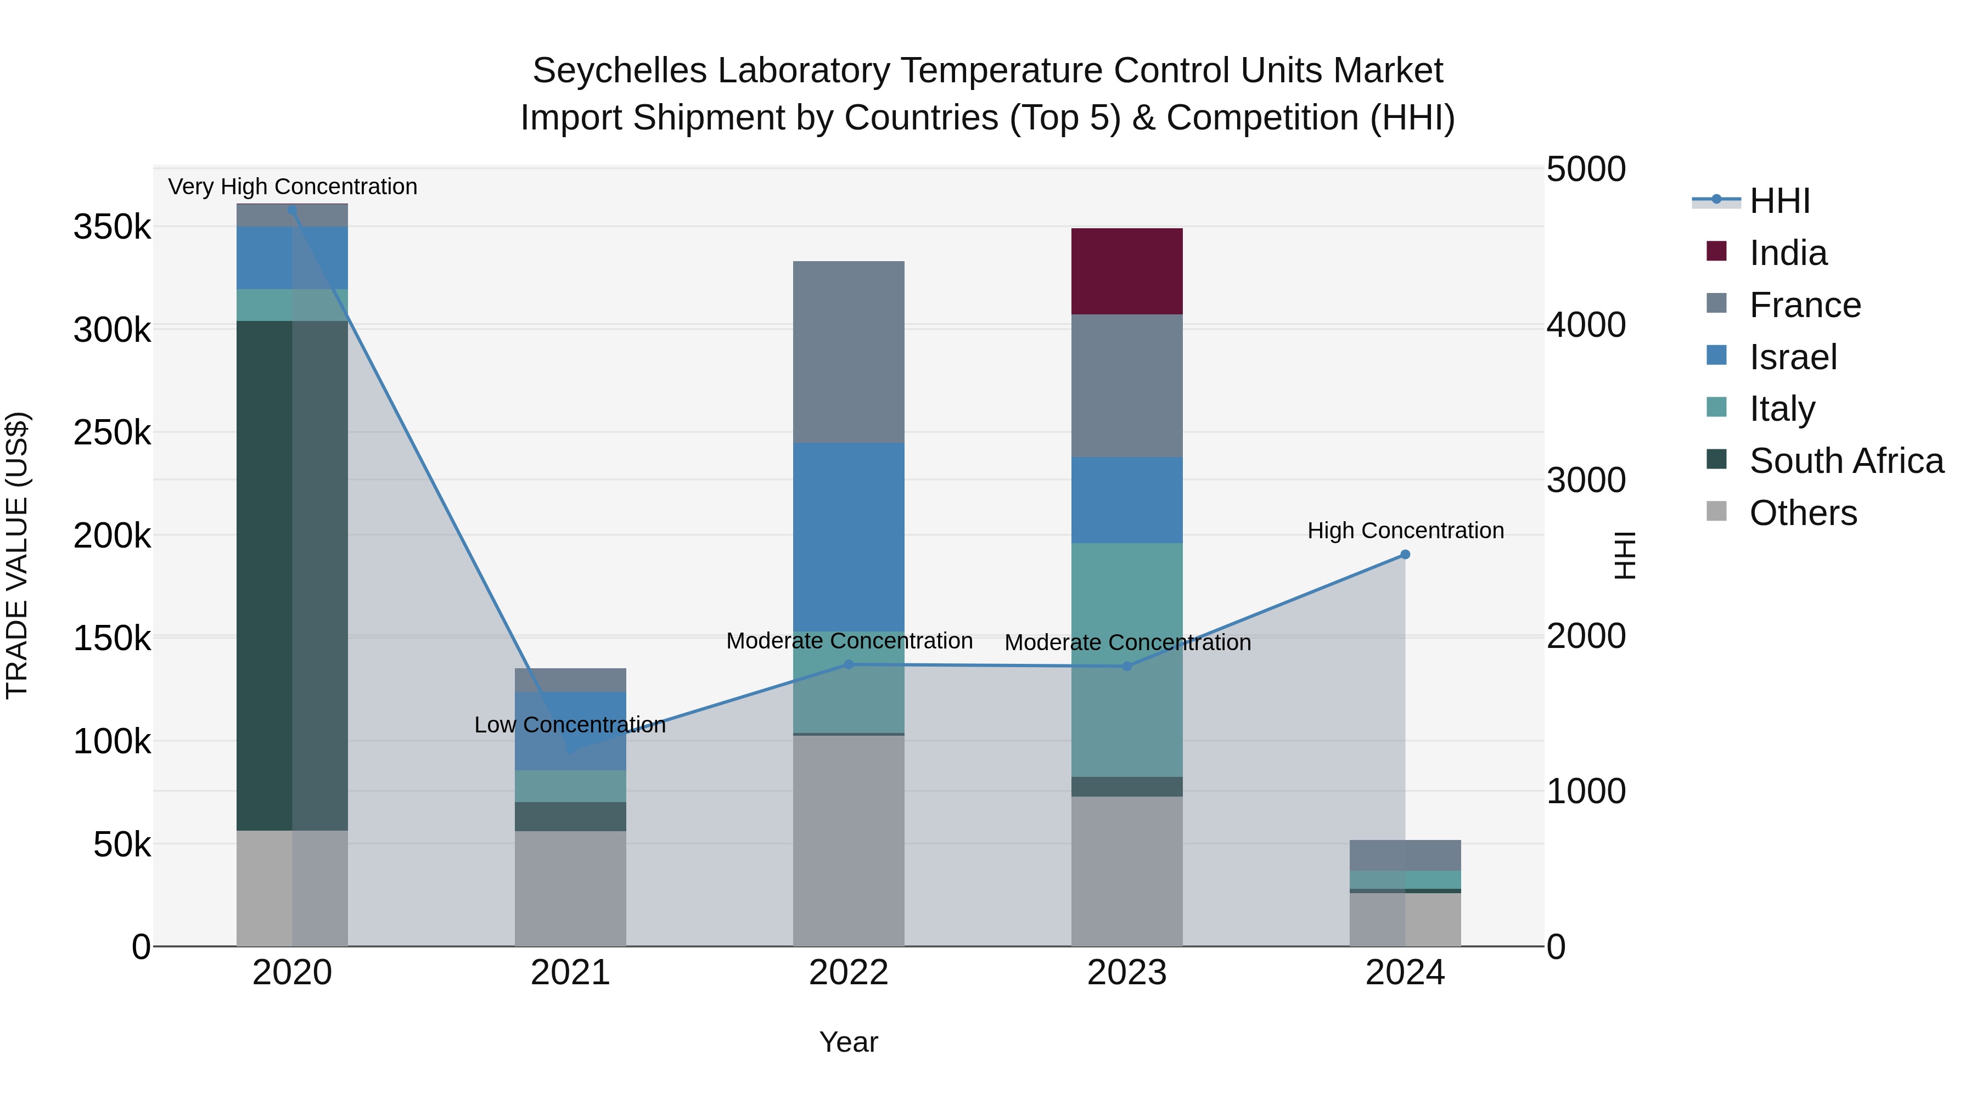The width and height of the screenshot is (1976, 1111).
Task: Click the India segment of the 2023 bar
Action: pyautogui.click(x=1126, y=272)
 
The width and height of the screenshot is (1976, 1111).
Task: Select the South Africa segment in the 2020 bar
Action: pyautogui.click(x=291, y=575)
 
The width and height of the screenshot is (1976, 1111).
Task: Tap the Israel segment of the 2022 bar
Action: pyautogui.click(x=849, y=537)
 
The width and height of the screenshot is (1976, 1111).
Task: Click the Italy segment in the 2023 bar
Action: pyautogui.click(x=1126, y=659)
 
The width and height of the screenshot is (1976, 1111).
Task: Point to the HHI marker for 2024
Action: pyautogui.click(x=1405, y=554)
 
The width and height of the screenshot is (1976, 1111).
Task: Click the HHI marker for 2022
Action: pyautogui.click(x=849, y=665)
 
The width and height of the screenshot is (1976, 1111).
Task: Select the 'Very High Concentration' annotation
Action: pyautogui.click(x=292, y=187)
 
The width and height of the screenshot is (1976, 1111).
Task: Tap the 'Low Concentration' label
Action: pyautogui.click(x=569, y=725)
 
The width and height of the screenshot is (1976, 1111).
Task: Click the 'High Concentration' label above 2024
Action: pyautogui.click(x=1405, y=531)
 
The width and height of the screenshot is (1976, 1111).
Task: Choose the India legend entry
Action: pyautogui.click(x=1787, y=253)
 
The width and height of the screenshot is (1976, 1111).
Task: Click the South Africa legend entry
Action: pyautogui.click(x=1845, y=461)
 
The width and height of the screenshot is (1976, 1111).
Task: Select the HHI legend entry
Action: pyautogui.click(x=1779, y=201)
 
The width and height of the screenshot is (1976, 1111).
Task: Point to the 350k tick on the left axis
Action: pyautogui.click(x=112, y=227)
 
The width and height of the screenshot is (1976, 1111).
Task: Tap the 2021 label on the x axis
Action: pyautogui.click(x=570, y=973)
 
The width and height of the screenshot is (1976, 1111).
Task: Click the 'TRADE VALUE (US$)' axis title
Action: pyautogui.click(x=17, y=555)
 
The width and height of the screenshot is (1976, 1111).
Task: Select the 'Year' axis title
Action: pyautogui.click(x=849, y=1042)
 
